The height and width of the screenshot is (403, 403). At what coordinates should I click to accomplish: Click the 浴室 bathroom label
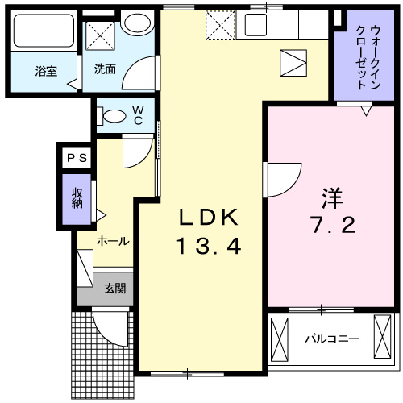pos(45,70)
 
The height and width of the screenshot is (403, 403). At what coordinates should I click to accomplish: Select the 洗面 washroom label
pos(105,70)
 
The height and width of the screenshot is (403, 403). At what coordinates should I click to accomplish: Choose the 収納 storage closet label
pos(77,197)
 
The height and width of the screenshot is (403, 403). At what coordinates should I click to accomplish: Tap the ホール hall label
pos(114,241)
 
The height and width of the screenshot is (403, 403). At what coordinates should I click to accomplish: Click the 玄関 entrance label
pos(114,288)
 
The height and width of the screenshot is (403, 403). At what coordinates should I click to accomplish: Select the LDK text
pos(208,217)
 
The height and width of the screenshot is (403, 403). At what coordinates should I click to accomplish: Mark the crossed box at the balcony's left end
pos(280,339)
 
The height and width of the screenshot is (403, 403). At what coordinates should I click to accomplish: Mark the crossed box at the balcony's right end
pos(382,336)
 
